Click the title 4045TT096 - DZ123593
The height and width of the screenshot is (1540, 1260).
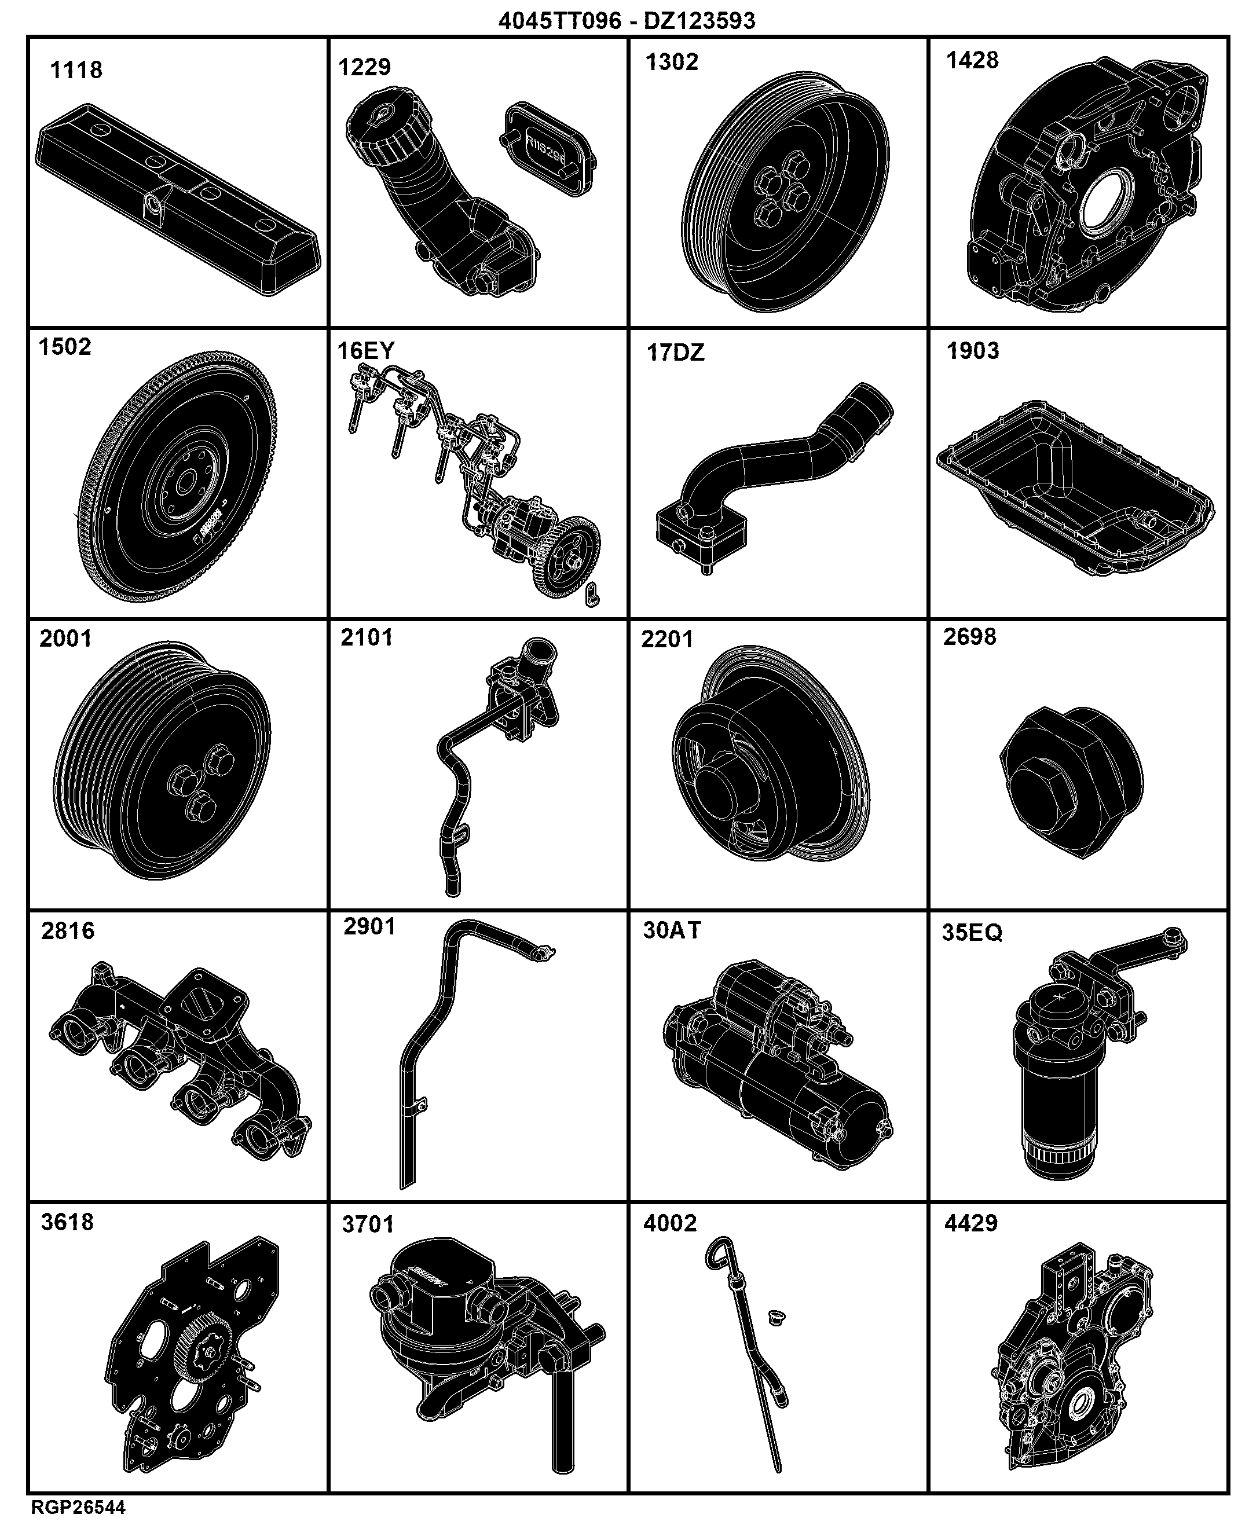tap(627, 20)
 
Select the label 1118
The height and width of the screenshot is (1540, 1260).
tap(76, 71)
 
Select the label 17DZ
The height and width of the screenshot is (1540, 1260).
tap(675, 353)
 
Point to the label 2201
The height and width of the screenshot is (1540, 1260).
tap(667, 639)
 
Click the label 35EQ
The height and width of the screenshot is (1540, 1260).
tap(972, 933)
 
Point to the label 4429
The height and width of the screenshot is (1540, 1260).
tap(971, 1223)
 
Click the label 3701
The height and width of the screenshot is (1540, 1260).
tap(368, 1225)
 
